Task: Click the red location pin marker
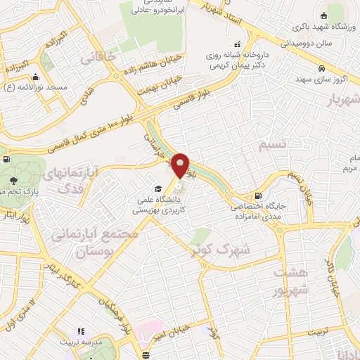tap(181, 165)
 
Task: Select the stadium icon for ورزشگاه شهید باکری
tap(323, 15)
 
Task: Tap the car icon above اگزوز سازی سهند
tap(321, 69)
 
